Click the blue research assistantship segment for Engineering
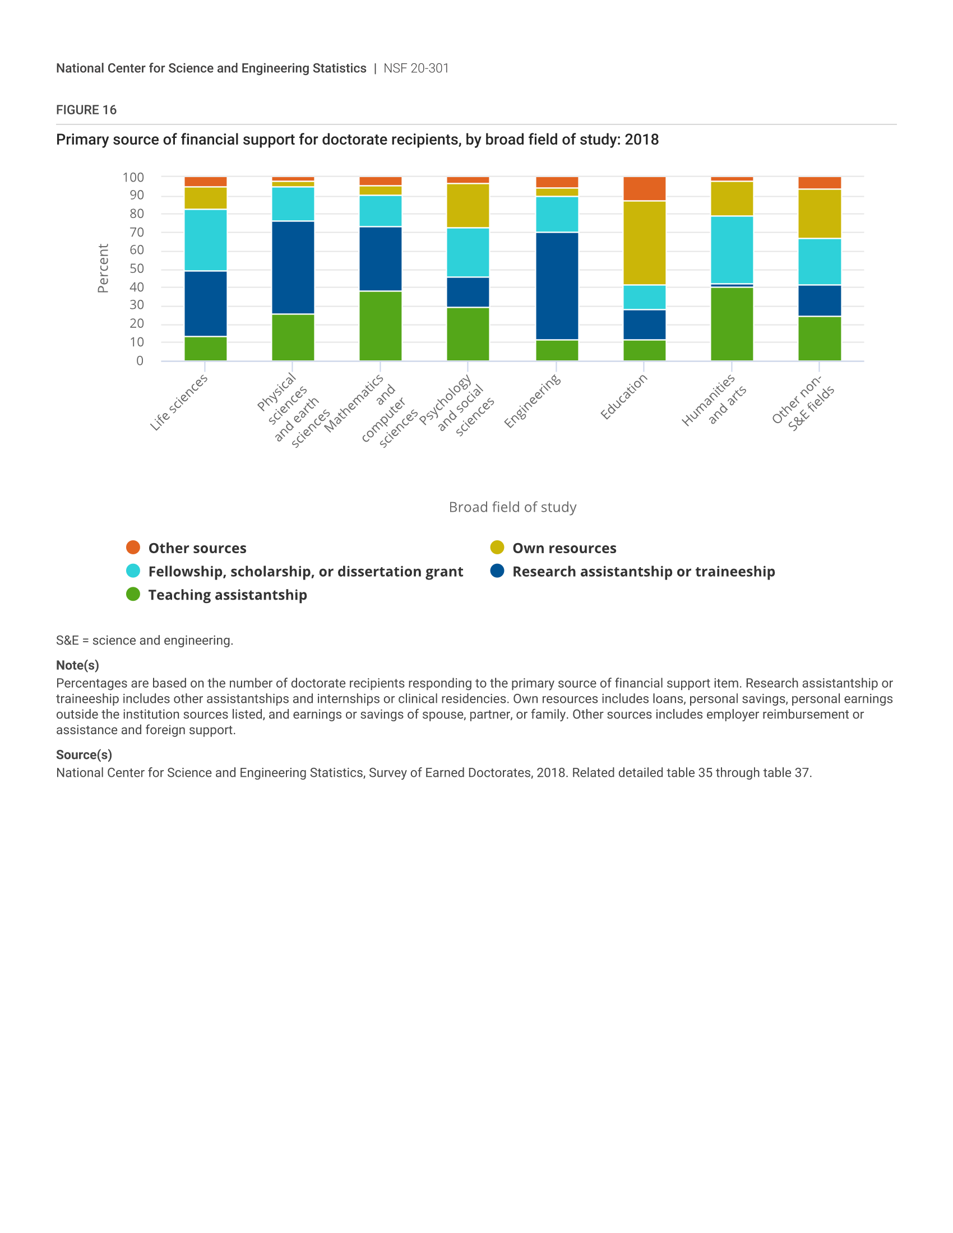point(557,286)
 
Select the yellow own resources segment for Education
point(644,243)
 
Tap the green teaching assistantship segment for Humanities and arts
point(732,324)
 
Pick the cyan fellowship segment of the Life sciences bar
point(206,240)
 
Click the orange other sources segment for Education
point(644,188)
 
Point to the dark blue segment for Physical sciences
point(293,267)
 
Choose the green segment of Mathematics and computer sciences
point(381,326)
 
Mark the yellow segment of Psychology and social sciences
point(468,206)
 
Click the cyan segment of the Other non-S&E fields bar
point(819,262)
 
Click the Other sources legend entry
point(186,548)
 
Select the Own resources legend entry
point(553,548)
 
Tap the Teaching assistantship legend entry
point(217,595)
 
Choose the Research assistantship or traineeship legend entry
point(632,571)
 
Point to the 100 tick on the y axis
point(133,177)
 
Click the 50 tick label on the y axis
point(137,268)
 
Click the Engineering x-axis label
point(532,401)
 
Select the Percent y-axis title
point(103,268)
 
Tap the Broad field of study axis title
point(512,507)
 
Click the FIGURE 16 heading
point(86,110)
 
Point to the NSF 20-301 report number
point(416,68)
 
